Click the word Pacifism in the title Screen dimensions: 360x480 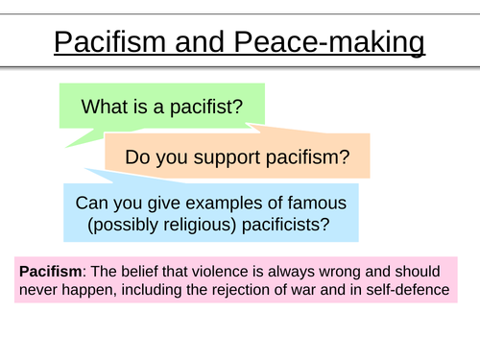point(108,44)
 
